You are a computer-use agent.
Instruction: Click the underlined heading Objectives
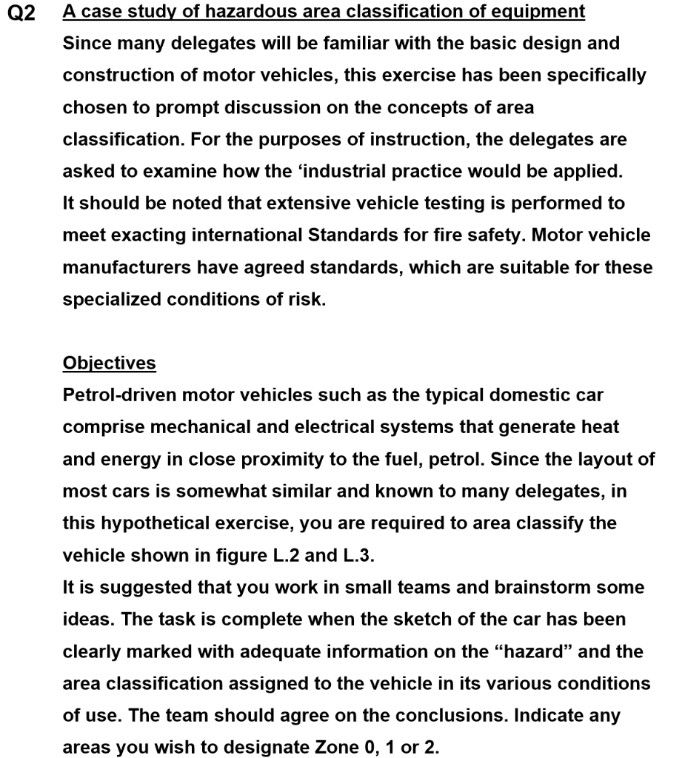click(x=109, y=363)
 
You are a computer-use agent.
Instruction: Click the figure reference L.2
click(x=282, y=555)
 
